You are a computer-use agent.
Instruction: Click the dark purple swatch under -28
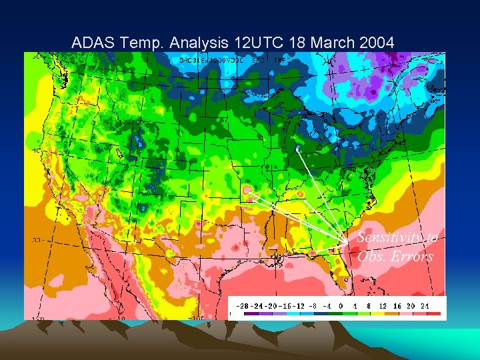(251, 313)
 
